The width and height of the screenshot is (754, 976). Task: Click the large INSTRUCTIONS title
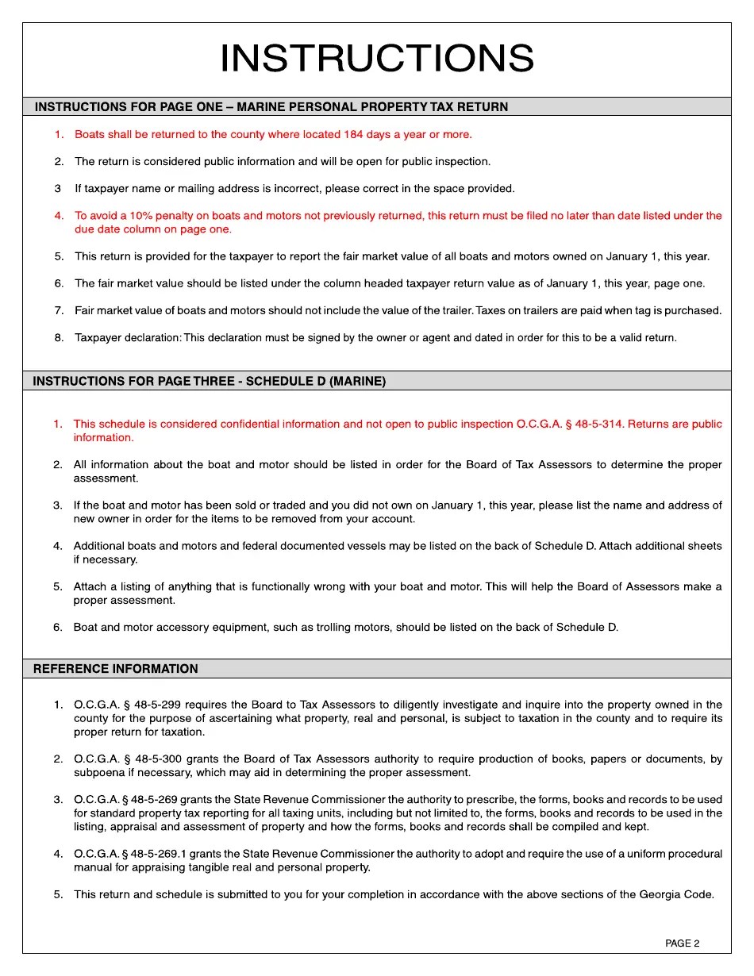[x=376, y=59]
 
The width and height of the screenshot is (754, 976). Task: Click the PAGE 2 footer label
[x=682, y=943]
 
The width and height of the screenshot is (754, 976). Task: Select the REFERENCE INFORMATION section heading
[x=115, y=669]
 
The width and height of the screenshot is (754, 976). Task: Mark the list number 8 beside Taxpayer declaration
[x=59, y=338]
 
